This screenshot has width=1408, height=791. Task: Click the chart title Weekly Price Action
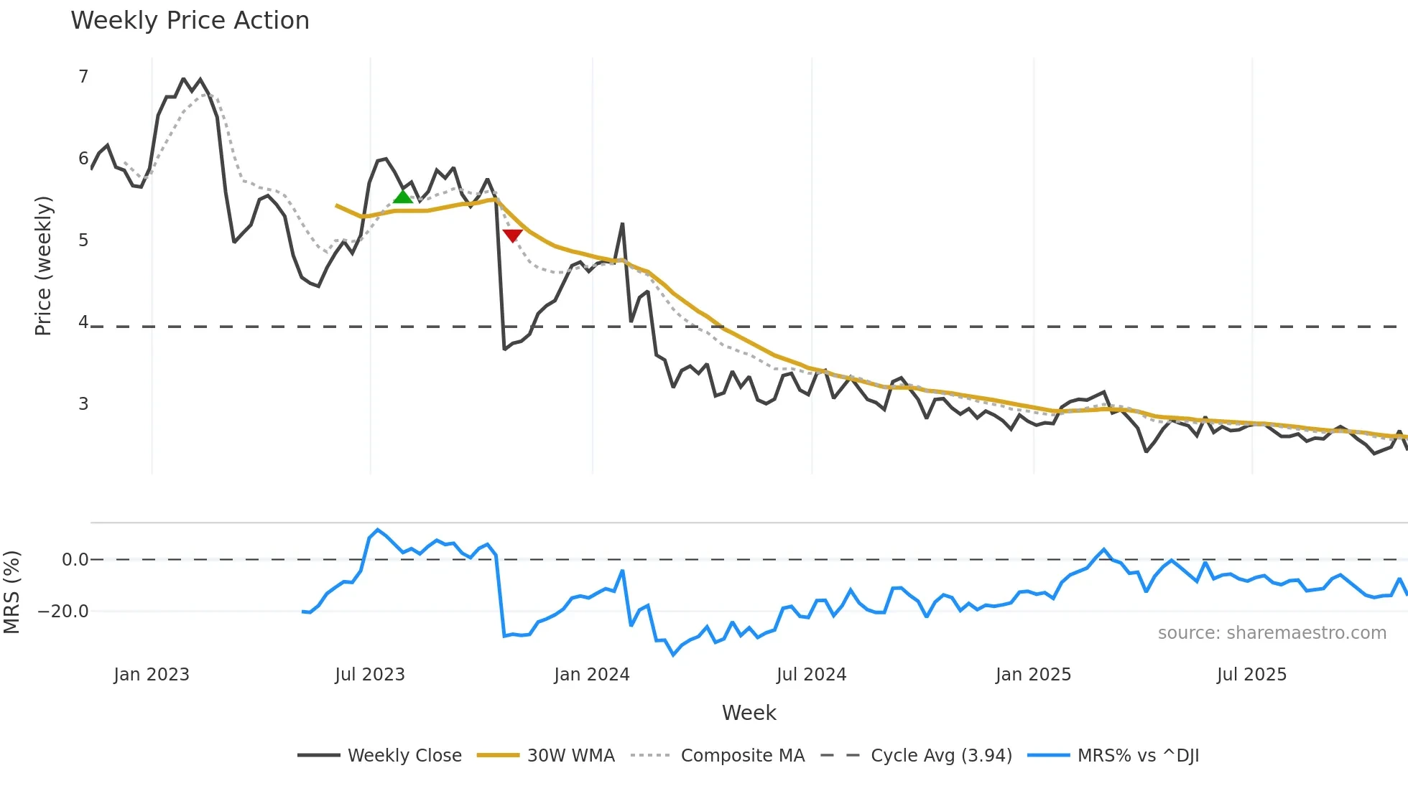pos(190,21)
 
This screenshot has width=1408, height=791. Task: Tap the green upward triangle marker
pos(403,196)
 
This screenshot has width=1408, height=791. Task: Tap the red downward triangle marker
pos(512,235)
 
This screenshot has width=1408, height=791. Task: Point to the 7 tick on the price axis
pos(83,77)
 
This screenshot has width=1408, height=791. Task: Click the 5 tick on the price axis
pos(83,240)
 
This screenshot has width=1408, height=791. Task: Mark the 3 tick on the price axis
pos(83,404)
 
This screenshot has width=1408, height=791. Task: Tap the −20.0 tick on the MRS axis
pos(63,612)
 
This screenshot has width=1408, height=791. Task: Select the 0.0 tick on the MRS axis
pos(75,560)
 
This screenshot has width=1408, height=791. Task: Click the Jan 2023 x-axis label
pos(152,675)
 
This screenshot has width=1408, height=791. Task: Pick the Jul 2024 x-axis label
pos(812,675)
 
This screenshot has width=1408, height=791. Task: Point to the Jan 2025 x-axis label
pos(1033,675)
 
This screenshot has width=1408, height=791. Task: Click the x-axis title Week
pos(749,713)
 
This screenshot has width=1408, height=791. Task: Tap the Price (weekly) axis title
pos(43,266)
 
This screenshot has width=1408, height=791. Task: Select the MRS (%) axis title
pos(11,592)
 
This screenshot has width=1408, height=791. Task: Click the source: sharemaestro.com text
pos(1272,633)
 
